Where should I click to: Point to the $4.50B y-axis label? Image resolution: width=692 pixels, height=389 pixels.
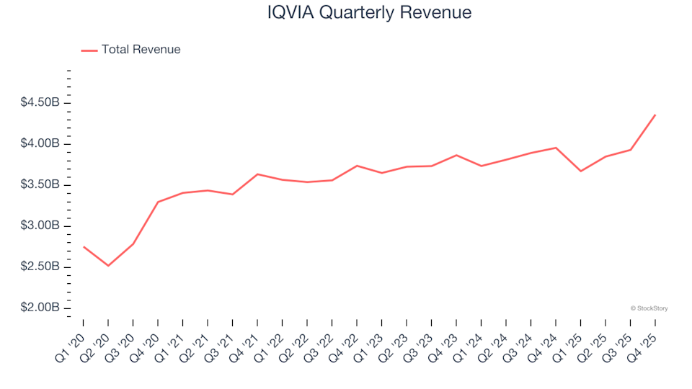(40, 103)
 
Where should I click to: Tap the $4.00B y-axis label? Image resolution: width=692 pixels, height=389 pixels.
(40, 144)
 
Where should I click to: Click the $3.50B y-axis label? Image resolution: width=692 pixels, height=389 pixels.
(40, 185)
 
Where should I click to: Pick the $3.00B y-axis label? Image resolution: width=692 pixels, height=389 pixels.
(40, 226)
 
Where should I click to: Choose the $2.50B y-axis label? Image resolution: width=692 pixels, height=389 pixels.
(40, 267)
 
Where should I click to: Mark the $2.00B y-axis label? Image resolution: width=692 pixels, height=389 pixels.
(40, 308)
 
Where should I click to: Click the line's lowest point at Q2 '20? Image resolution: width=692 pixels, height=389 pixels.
(108, 266)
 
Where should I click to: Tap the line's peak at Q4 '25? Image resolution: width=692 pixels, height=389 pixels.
(655, 115)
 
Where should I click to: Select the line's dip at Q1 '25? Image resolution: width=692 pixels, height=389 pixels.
(580, 171)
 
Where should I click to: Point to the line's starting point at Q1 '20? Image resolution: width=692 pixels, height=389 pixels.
(84, 246)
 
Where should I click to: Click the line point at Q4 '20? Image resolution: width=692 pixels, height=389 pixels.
(158, 202)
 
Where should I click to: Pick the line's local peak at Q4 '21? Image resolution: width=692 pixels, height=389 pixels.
(257, 174)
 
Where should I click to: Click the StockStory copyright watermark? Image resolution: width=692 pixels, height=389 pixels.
(649, 308)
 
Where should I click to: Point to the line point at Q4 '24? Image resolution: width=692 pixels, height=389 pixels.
(556, 148)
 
